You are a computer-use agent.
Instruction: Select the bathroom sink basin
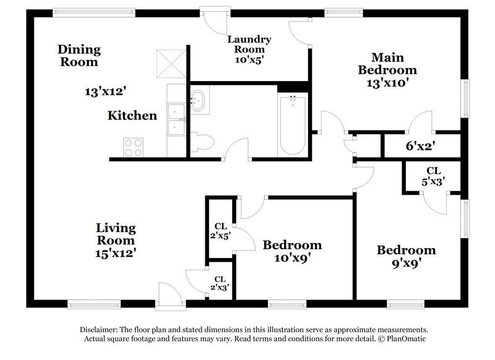coord(198,99)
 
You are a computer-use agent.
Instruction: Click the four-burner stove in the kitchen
coord(134,147)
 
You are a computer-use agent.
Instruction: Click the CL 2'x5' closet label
coord(220,230)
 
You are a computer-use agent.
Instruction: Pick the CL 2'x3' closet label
coord(220,283)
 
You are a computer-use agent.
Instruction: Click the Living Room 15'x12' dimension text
coord(116,252)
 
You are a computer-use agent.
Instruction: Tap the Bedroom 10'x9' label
coord(292,251)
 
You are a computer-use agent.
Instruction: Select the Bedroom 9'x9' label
coord(407,257)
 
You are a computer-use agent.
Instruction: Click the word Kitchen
coord(132,116)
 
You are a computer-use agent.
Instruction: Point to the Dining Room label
coord(79,55)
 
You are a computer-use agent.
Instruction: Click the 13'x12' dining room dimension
coord(105,92)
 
